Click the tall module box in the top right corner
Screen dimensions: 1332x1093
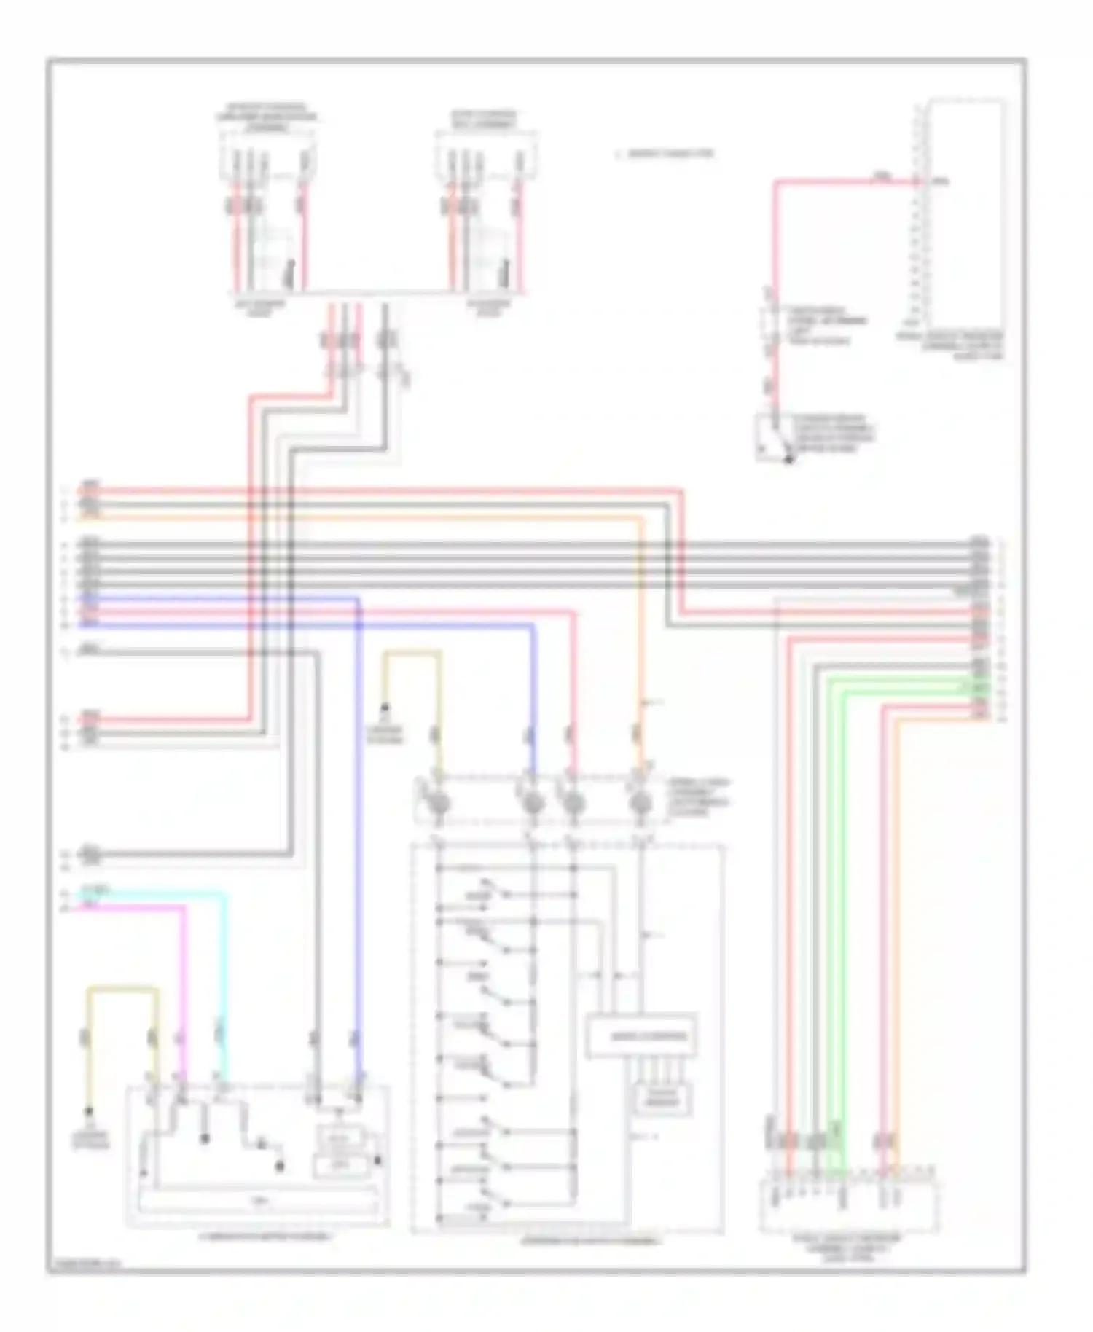point(965,211)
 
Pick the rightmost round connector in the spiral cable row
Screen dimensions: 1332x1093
point(640,804)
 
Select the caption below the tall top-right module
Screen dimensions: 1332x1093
point(951,346)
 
